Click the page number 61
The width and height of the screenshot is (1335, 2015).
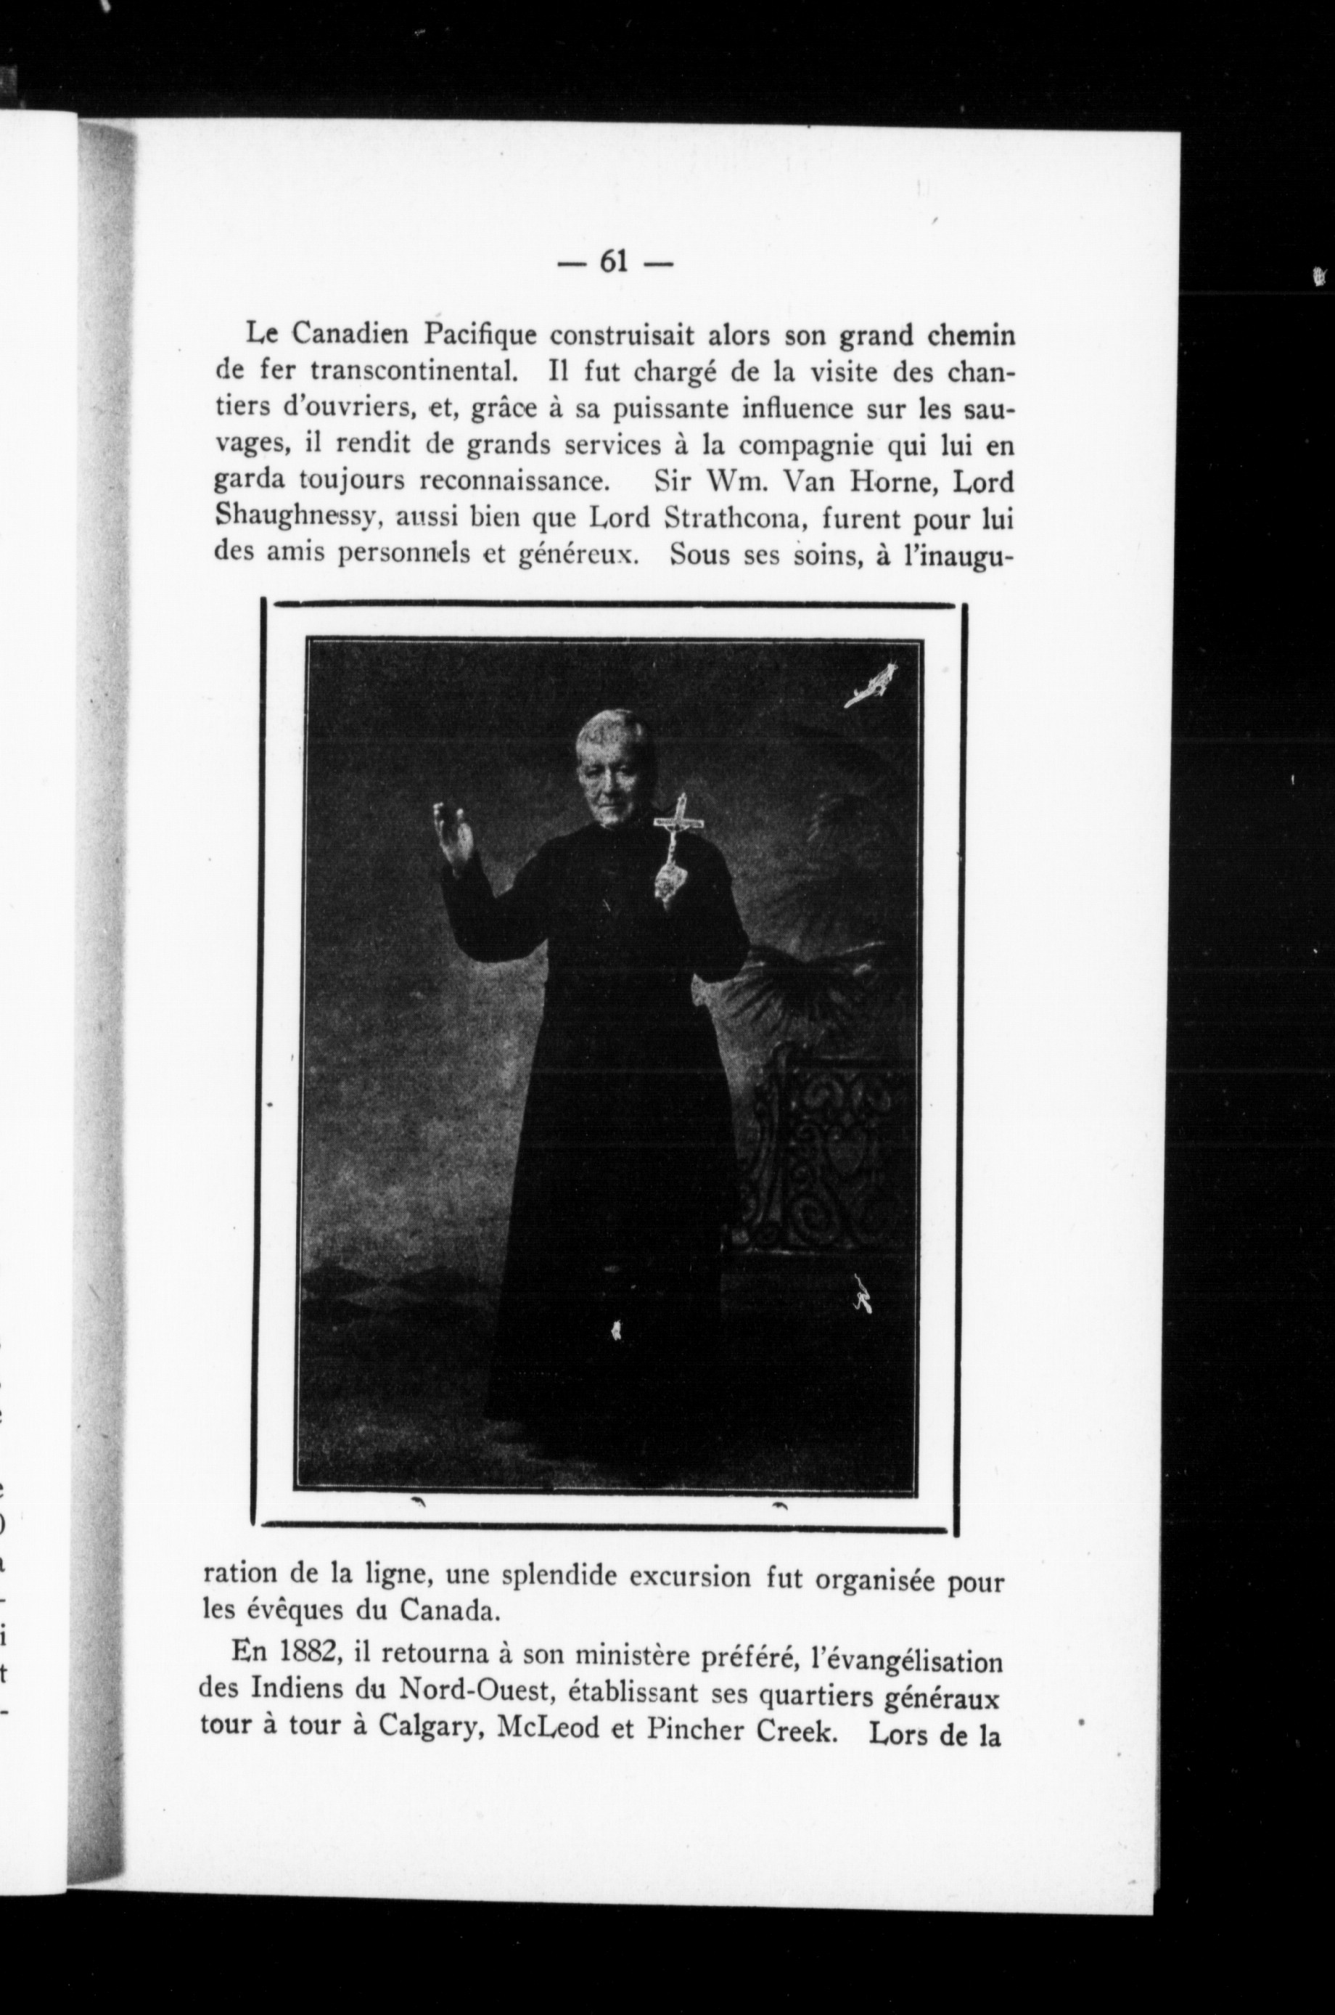point(614,262)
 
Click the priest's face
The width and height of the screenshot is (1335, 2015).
point(613,780)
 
